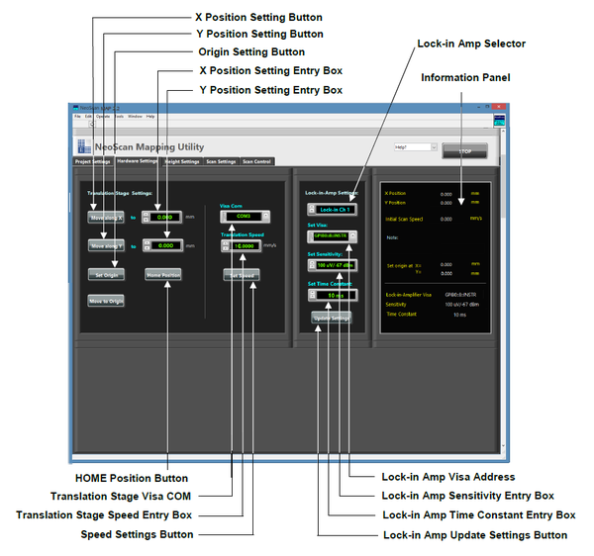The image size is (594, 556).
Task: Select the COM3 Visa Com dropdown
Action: (244, 215)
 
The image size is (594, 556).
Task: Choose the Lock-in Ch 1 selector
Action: (334, 210)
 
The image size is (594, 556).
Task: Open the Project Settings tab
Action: (93, 161)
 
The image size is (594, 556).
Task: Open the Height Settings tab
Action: (181, 161)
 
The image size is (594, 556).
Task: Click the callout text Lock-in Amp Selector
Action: (471, 45)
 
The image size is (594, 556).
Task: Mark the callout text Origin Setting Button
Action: (251, 51)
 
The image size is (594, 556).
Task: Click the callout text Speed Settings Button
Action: (137, 534)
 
